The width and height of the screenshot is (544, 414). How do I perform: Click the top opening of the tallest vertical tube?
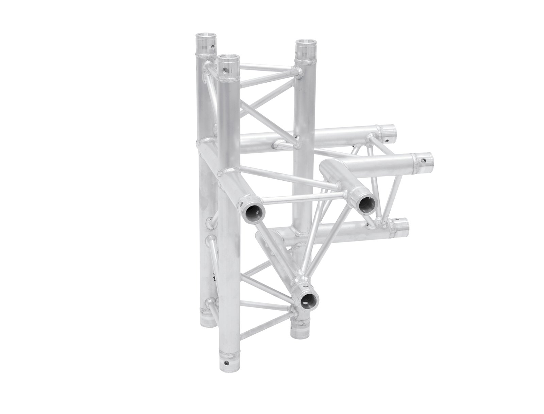206,36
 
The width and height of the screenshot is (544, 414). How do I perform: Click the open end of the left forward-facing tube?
253,213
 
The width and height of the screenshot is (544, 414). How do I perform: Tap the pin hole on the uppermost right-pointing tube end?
387,139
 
